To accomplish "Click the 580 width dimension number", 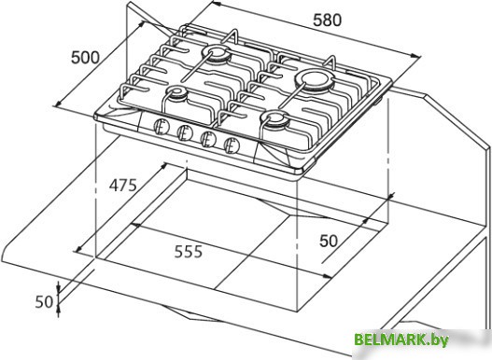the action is [x=327, y=21].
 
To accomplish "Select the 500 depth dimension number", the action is [x=85, y=58].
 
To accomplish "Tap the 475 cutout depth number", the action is [x=123, y=185].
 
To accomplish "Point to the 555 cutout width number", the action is [x=189, y=252].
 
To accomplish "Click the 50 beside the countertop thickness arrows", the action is [x=44, y=302].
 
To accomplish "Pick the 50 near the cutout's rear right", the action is [x=329, y=241].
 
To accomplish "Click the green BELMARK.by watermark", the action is [x=401, y=339].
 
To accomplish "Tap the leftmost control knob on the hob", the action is [x=162, y=127].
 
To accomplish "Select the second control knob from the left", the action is [x=185, y=133].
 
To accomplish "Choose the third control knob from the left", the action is [x=207, y=139].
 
